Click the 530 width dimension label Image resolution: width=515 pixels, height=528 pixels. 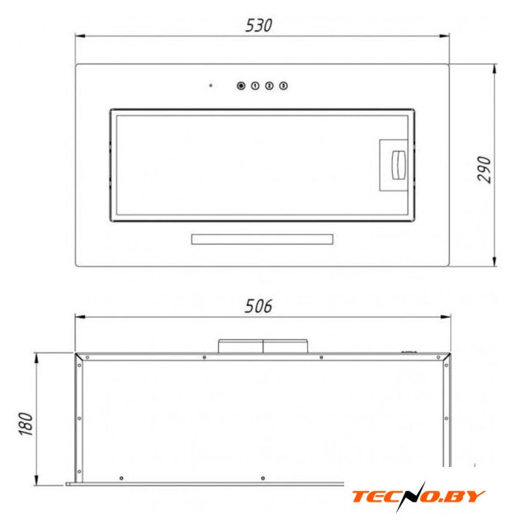258,26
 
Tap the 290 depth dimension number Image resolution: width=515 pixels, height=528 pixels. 484,169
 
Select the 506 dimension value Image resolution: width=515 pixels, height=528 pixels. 258,306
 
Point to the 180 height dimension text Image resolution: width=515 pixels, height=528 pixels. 26,423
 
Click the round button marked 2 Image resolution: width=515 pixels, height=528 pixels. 269,86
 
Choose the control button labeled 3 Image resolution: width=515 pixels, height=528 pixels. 283,86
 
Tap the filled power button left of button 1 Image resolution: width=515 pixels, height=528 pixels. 241,86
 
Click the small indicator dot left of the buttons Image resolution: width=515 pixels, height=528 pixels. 210,86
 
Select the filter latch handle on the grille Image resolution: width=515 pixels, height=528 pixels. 398,165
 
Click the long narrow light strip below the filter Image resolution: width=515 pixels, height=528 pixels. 262,239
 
